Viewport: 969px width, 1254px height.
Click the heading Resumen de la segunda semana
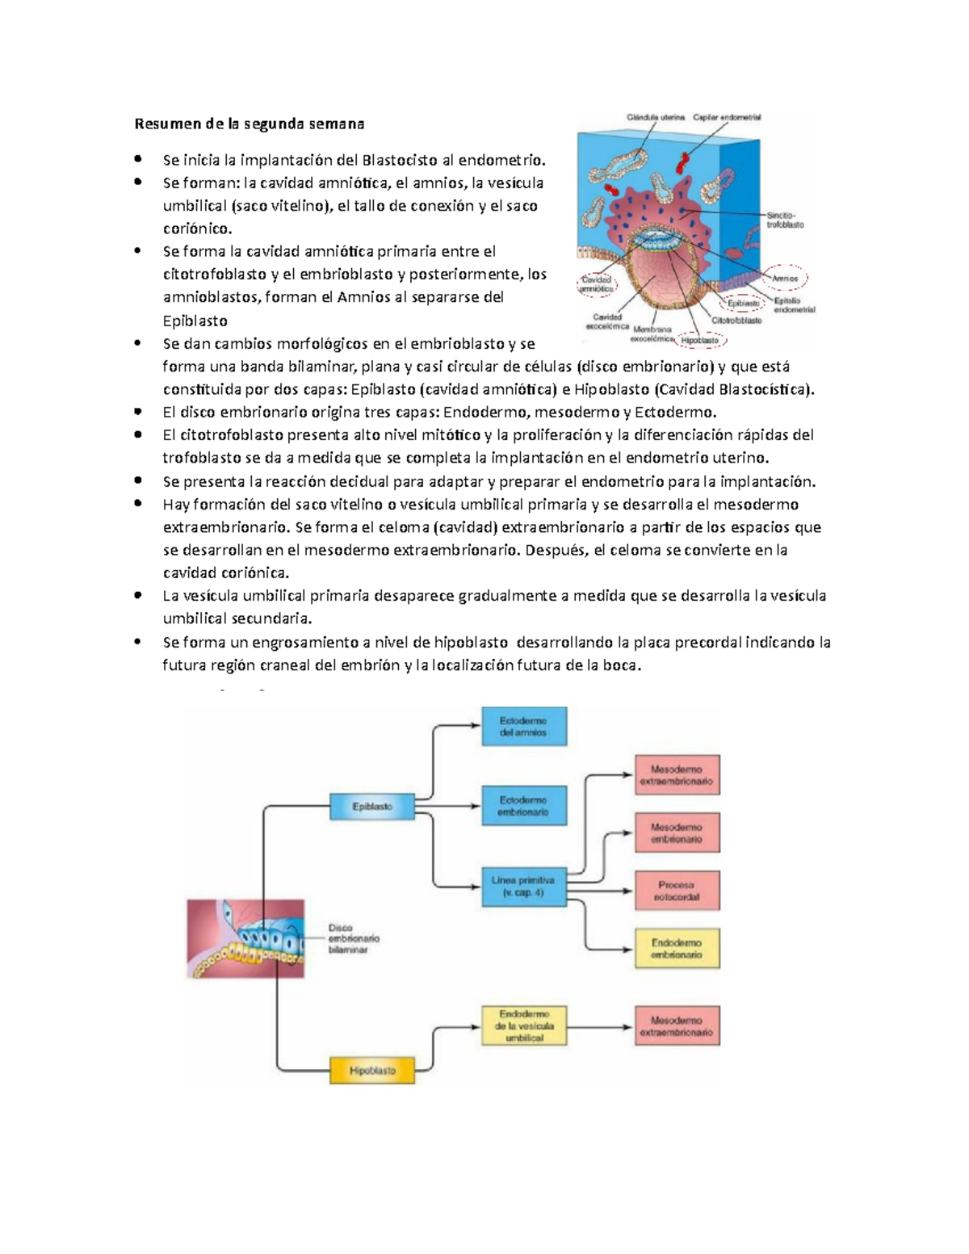[249, 124]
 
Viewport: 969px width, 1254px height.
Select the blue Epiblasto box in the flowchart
[372, 806]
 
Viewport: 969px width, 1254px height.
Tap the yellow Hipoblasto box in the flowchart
[372, 1070]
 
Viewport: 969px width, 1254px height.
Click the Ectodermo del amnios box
[523, 726]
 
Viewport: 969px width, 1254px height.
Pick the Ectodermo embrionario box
[523, 806]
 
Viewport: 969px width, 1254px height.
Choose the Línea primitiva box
[523, 887]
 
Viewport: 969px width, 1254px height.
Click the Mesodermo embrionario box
[677, 833]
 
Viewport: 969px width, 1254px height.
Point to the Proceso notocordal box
[677, 891]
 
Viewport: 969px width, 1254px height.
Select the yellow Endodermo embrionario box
[677, 948]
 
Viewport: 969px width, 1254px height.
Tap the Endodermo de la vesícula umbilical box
[523, 1025]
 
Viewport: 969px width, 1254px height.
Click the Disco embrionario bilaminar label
[353, 939]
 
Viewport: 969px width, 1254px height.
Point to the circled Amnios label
[785, 278]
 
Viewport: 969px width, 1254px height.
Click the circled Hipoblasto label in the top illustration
[699, 341]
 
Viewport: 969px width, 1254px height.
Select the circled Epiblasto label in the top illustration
[744, 304]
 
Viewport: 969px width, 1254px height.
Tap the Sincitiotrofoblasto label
[785, 220]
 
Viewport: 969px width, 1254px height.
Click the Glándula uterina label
[656, 117]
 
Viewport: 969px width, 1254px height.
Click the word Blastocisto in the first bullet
[401, 159]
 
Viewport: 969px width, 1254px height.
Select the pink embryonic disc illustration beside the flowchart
[246, 938]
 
